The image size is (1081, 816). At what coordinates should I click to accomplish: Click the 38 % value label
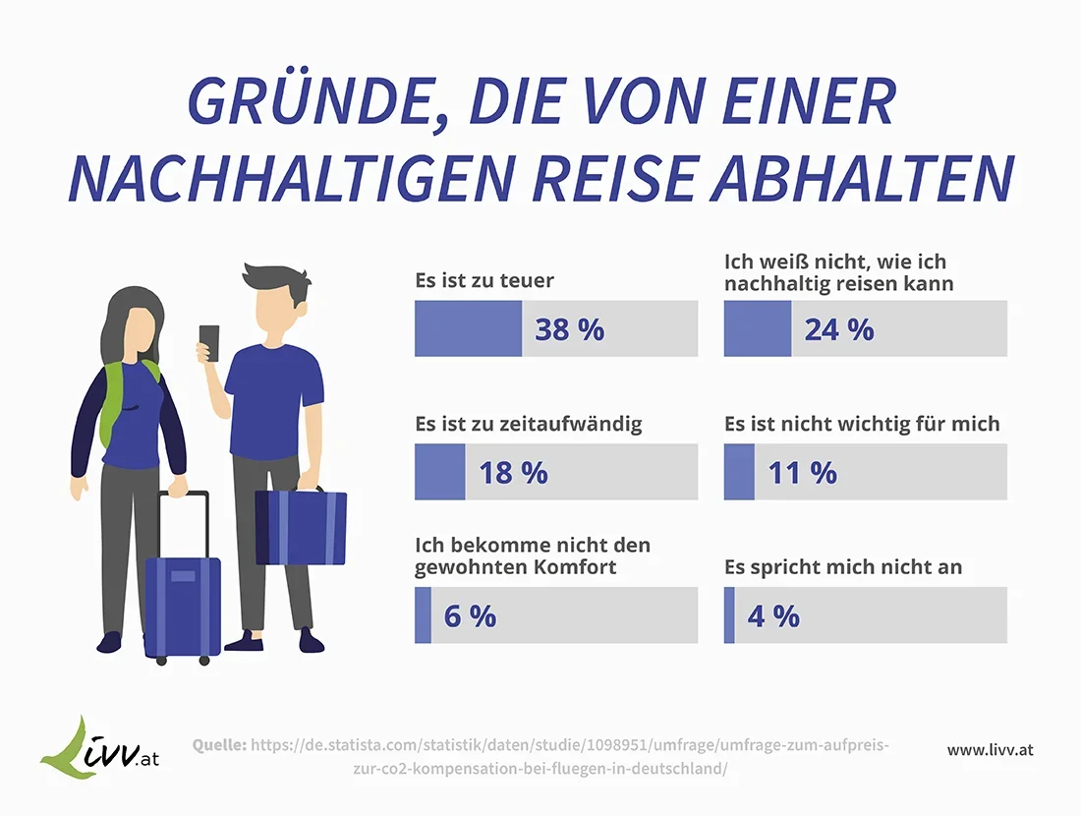pyautogui.click(x=569, y=329)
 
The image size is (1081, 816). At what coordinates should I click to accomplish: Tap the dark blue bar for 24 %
pyautogui.click(x=757, y=328)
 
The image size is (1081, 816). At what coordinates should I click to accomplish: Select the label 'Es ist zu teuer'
pyautogui.click(x=484, y=281)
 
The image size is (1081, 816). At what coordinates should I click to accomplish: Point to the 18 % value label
pyautogui.click(x=513, y=473)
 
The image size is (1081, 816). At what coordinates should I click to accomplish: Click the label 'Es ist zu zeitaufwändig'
pyautogui.click(x=529, y=425)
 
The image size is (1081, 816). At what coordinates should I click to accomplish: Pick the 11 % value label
pyautogui.click(x=802, y=473)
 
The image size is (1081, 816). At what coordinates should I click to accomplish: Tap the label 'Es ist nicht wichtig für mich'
pyautogui.click(x=862, y=425)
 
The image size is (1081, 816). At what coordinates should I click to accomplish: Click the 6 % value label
pyautogui.click(x=470, y=616)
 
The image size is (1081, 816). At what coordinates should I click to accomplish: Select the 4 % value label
pyautogui.click(x=773, y=616)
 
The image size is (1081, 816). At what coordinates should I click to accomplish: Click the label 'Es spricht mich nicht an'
pyautogui.click(x=843, y=568)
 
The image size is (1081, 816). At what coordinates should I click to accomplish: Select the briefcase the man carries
pyautogui.click(x=301, y=527)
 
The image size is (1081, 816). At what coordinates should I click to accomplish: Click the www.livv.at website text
pyautogui.click(x=990, y=750)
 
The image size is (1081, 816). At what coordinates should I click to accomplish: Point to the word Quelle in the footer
pyautogui.click(x=219, y=745)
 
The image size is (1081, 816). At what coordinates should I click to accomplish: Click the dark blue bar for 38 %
pyautogui.click(x=469, y=328)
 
